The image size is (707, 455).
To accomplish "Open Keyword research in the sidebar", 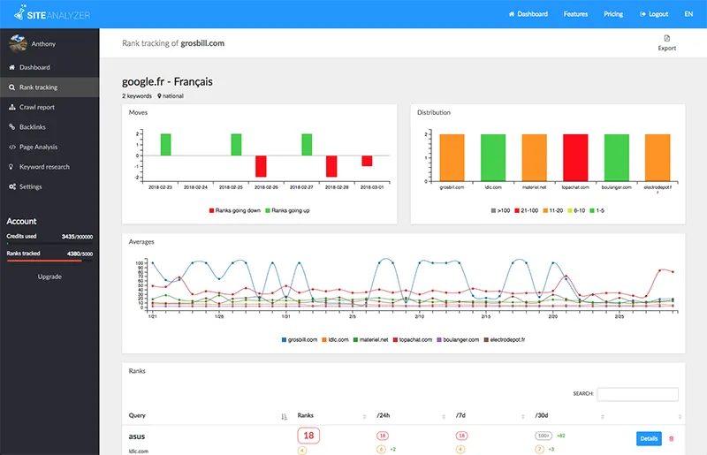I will tap(44, 167).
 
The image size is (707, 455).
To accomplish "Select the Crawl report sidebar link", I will tap(37, 107).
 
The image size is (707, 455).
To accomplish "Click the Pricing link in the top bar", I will tap(612, 14).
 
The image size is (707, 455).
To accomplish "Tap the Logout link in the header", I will tap(654, 14).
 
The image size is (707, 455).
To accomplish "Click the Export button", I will tap(666, 42).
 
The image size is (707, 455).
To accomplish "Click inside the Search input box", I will tap(637, 394).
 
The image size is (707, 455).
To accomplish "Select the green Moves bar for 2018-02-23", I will tap(165, 145).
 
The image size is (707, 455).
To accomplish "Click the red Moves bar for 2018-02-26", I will tap(261, 166).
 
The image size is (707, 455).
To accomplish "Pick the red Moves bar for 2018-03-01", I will tap(367, 161).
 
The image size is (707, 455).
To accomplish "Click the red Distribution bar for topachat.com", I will tap(575, 157).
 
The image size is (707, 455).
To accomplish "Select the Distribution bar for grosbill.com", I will tap(452, 157).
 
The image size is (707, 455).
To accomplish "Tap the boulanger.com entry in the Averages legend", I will tap(456, 339).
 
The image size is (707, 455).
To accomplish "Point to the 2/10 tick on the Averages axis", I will tap(419, 315).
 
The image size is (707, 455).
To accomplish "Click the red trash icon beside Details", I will tap(671, 438).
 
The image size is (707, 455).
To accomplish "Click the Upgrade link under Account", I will tap(49, 277).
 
